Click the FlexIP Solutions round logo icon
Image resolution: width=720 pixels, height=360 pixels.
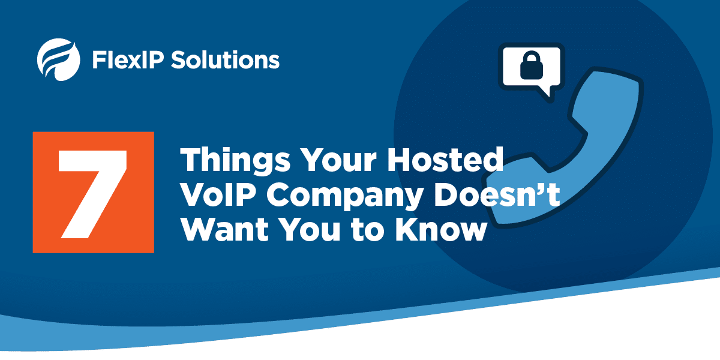coord(59,60)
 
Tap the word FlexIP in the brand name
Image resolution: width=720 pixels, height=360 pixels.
coord(128,60)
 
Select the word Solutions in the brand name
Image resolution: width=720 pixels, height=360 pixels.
coord(226,60)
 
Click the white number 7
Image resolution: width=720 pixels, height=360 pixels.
coord(92,194)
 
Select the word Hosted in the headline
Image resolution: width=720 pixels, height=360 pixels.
coord(445,160)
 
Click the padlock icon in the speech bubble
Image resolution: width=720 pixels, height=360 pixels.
coord(532,65)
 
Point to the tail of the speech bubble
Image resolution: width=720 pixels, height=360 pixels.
coord(547,92)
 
